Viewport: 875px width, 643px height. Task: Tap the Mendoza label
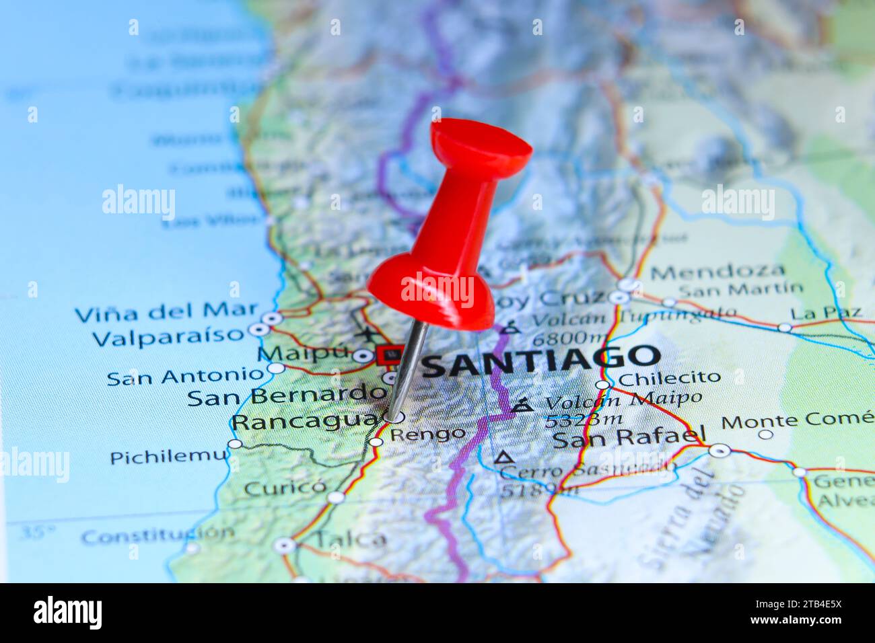(x=717, y=272)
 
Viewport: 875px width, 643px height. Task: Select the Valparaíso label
(x=168, y=336)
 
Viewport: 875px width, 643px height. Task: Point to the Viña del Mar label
(x=166, y=313)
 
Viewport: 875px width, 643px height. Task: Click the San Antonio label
(x=186, y=377)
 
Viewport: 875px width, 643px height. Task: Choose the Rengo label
(x=427, y=434)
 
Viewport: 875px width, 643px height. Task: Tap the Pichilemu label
(x=169, y=457)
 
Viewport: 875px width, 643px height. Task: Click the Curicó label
(x=285, y=487)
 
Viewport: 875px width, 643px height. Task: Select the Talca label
(x=351, y=539)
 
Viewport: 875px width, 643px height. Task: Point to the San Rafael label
(x=629, y=439)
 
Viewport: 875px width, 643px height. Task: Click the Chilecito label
(x=669, y=379)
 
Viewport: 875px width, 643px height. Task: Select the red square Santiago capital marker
(x=391, y=354)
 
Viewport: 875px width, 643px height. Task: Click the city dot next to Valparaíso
(x=258, y=330)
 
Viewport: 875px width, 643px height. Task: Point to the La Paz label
(x=826, y=313)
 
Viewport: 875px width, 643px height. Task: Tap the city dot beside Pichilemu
(x=235, y=444)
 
